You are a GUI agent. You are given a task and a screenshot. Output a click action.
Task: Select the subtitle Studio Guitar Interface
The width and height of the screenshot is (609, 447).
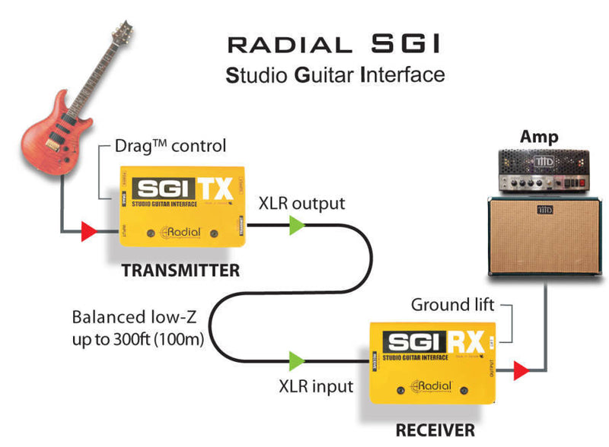click(x=335, y=75)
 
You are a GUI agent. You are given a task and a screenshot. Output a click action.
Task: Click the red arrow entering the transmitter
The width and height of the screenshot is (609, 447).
click(x=89, y=230)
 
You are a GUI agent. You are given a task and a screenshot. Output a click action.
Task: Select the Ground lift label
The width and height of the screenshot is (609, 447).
click(x=453, y=305)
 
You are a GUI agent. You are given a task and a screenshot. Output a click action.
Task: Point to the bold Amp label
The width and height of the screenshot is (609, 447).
click(x=539, y=138)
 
